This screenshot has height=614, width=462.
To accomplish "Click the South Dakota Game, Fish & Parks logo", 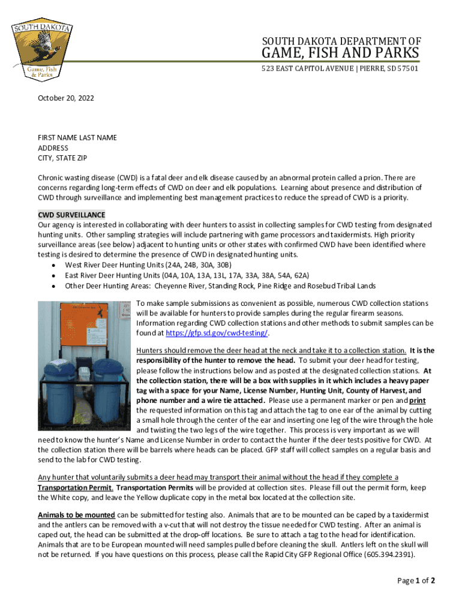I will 43,50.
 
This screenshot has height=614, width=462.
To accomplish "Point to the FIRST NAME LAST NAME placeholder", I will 77,138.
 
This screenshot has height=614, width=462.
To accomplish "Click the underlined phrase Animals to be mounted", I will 76,515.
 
